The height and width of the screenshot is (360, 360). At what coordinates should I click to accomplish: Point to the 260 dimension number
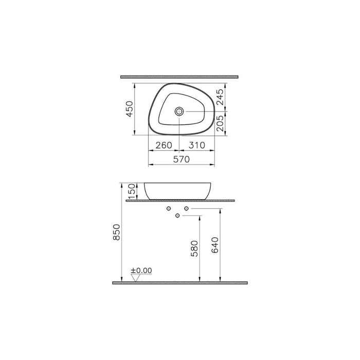(164, 145)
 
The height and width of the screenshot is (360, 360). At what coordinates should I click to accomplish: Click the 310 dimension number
(196, 145)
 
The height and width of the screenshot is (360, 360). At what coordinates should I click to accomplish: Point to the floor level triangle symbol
(136, 277)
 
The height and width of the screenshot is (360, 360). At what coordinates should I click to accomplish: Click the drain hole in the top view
(179, 111)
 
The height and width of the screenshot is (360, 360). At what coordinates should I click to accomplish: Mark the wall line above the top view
(179, 77)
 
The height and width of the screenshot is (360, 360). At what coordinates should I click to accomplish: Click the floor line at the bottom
(180, 283)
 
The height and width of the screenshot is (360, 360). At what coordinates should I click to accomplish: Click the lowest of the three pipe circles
(178, 214)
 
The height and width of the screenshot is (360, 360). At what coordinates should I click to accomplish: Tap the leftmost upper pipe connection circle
(168, 209)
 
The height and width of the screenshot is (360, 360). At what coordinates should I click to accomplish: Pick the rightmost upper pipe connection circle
(187, 209)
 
